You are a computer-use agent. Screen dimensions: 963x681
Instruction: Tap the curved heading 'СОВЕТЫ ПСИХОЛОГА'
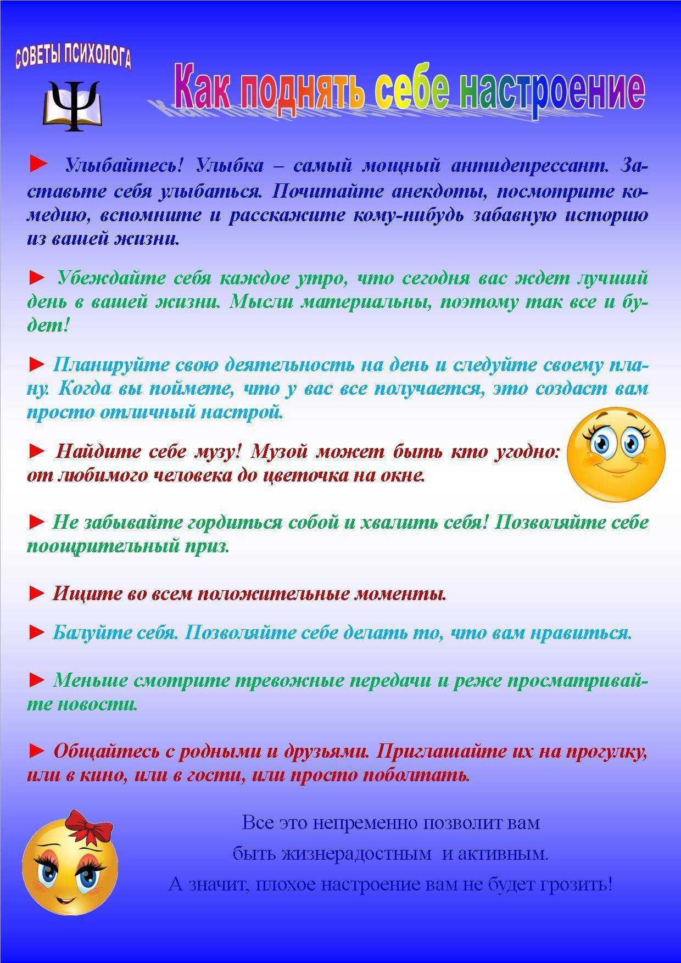(x=73, y=58)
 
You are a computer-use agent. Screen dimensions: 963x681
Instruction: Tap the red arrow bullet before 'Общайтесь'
(x=36, y=751)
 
